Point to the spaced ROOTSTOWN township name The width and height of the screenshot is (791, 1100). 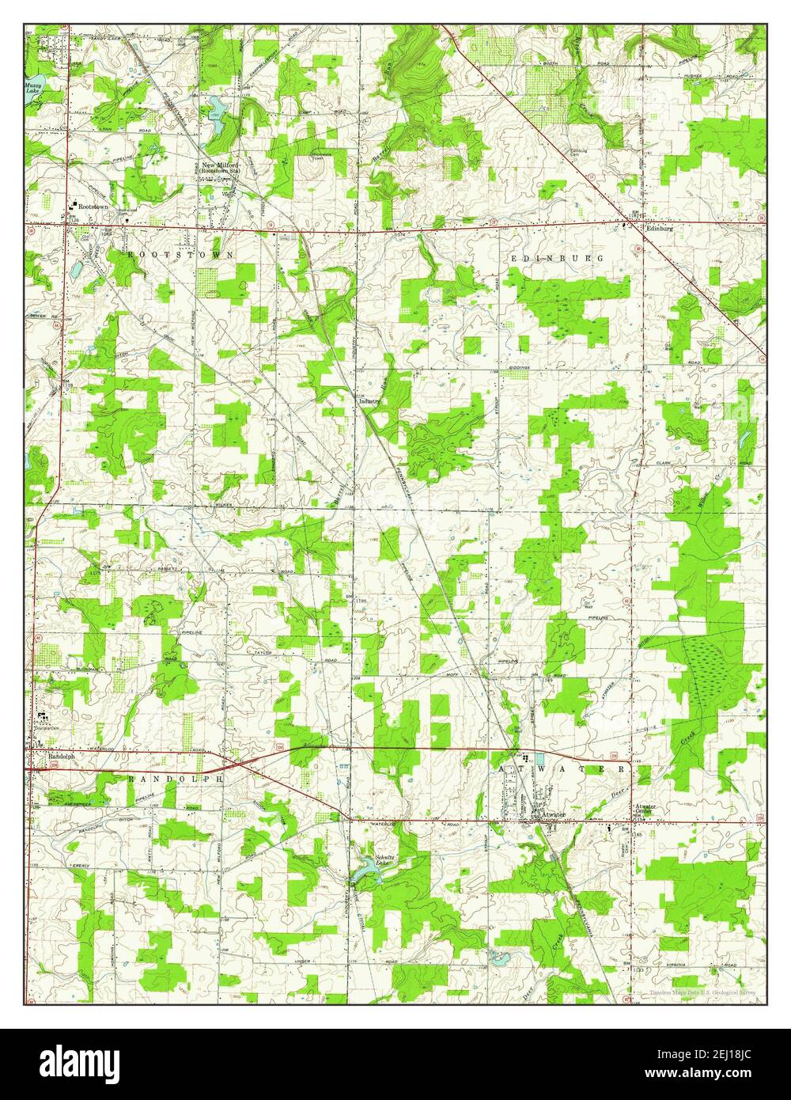coord(180,255)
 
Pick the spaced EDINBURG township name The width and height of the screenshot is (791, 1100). coord(557,259)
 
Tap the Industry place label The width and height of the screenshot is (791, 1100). coord(370,400)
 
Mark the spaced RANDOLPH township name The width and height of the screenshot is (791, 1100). coord(176,779)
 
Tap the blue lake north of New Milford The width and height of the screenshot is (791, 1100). coord(214,113)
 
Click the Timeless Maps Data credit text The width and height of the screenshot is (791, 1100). coord(702,992)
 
